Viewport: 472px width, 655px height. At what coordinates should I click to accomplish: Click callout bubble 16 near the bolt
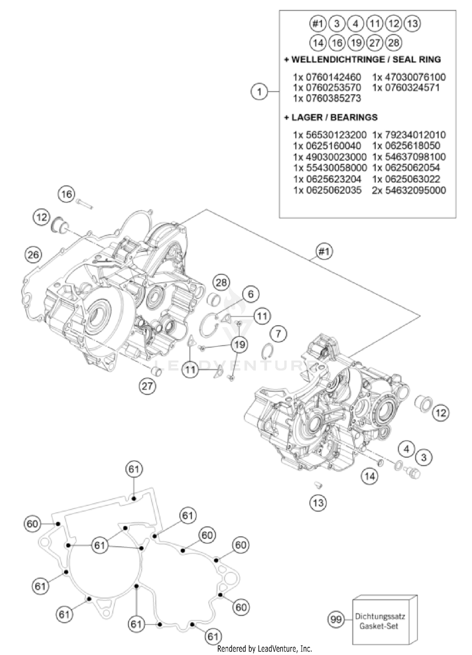67,194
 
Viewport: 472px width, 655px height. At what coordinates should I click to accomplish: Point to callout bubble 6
250,294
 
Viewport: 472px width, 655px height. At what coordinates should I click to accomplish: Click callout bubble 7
278,333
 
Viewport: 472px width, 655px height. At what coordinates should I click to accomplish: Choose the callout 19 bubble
239,344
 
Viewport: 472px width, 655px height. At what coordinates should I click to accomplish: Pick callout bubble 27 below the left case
147,386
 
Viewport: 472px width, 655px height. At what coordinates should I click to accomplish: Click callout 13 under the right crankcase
318,502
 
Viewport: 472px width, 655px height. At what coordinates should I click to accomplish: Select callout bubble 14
369,476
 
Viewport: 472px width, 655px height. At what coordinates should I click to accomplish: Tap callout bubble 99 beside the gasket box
336,619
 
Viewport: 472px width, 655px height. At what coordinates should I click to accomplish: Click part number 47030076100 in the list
409,77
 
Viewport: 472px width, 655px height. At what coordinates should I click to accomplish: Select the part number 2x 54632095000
409,190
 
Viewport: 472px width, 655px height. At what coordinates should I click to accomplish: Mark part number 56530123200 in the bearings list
330,135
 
